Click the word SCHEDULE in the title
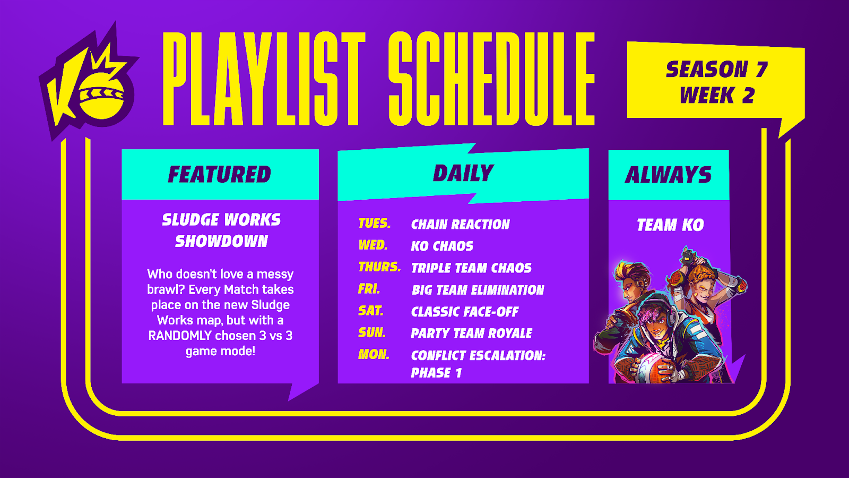point(491,79)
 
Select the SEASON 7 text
point(716,70)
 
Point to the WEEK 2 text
point(717,95)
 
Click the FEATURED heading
point(220,174)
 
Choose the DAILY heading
point(463,173)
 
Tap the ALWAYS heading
point(668,175)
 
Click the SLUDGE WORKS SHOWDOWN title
point(221,231)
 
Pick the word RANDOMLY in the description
point(180,336)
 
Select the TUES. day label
point(375,223)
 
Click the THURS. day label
point(379,267)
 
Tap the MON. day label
point(374,354)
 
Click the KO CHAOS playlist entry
point(443,246)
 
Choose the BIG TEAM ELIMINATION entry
point(478,290)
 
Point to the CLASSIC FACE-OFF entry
point(465,312)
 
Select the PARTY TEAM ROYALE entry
point(472,334)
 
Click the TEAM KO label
point(670,225)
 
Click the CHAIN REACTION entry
point(461,225)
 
